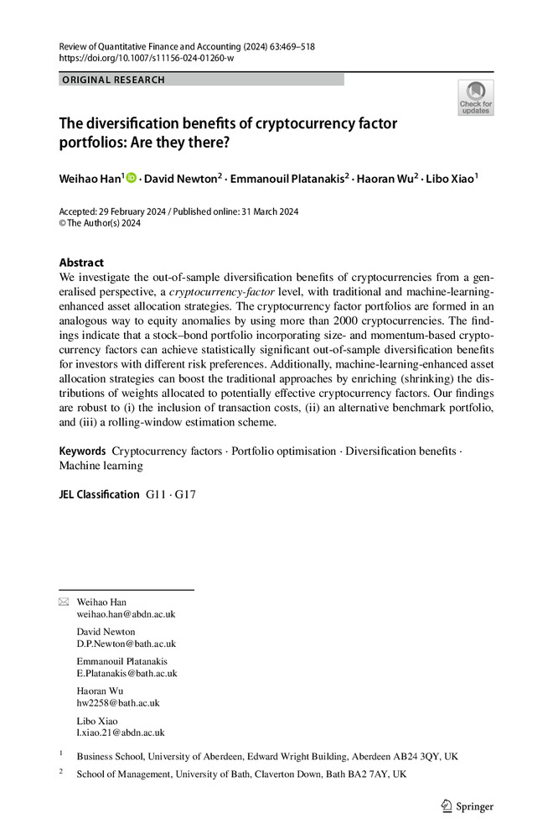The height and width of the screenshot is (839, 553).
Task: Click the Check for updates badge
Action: (475, 98)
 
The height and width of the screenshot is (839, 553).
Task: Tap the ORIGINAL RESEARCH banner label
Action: (113, 80)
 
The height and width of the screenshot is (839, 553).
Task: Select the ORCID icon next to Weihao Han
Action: (132, 178)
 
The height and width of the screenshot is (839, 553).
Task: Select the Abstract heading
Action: (81, 263)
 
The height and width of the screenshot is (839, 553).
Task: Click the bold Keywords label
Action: (82, 451)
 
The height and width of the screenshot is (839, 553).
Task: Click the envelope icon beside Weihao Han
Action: (64, 602)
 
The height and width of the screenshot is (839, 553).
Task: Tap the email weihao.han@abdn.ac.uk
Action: (126, 614)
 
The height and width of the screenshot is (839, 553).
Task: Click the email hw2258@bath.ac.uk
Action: (118, 703)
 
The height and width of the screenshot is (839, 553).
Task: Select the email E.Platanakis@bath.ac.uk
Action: (127, 674)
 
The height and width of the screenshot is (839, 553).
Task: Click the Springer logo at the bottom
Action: (468, 807)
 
